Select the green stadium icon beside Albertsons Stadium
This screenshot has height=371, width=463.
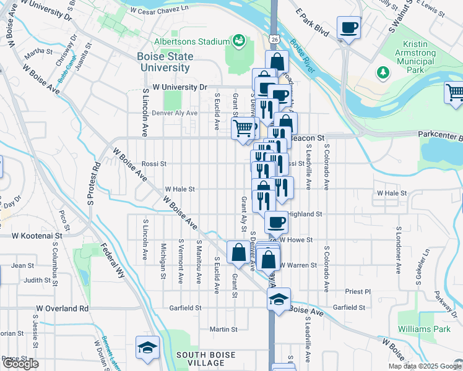[238, 41]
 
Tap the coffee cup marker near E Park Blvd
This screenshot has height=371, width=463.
[348, 28]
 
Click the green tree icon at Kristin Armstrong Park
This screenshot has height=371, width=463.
[384, 73]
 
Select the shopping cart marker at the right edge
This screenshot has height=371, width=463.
[455, 93]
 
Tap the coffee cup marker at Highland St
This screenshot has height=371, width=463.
[276, 221]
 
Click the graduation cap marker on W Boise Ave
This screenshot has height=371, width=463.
[279, 300]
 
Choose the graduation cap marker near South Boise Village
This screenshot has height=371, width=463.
[148, 347]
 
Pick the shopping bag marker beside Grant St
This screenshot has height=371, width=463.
[238, 252]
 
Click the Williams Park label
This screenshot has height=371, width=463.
[424, 330]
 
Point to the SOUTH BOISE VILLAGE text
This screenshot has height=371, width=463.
[205, 355]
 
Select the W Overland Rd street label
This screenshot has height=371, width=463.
[62, 308]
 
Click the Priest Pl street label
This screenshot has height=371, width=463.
[358, 291]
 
